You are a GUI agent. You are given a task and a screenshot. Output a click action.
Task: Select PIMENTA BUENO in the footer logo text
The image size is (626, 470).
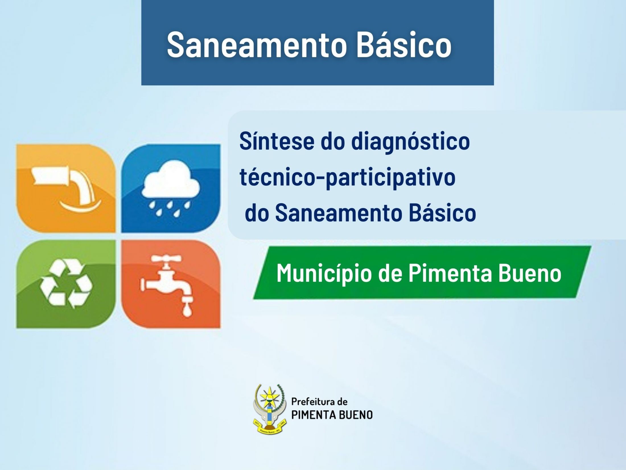click(332, 415)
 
